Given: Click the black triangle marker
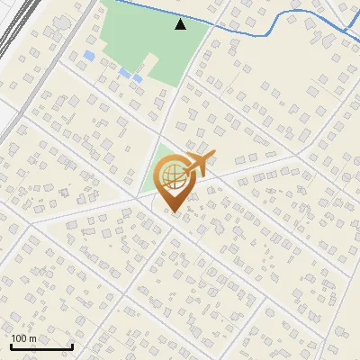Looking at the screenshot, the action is (181, 24).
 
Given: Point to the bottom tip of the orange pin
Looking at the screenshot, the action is (175, 212).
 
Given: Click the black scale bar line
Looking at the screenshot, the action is (41, 347).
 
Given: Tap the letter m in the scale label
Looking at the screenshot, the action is (33, 338).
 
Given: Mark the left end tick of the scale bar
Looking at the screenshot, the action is (11, 345).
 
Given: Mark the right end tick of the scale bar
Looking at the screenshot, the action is (72, 345).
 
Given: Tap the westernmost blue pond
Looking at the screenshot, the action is (88, 56).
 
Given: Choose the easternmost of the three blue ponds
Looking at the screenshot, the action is (138, 78).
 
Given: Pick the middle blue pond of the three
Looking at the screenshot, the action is (124, 71).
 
